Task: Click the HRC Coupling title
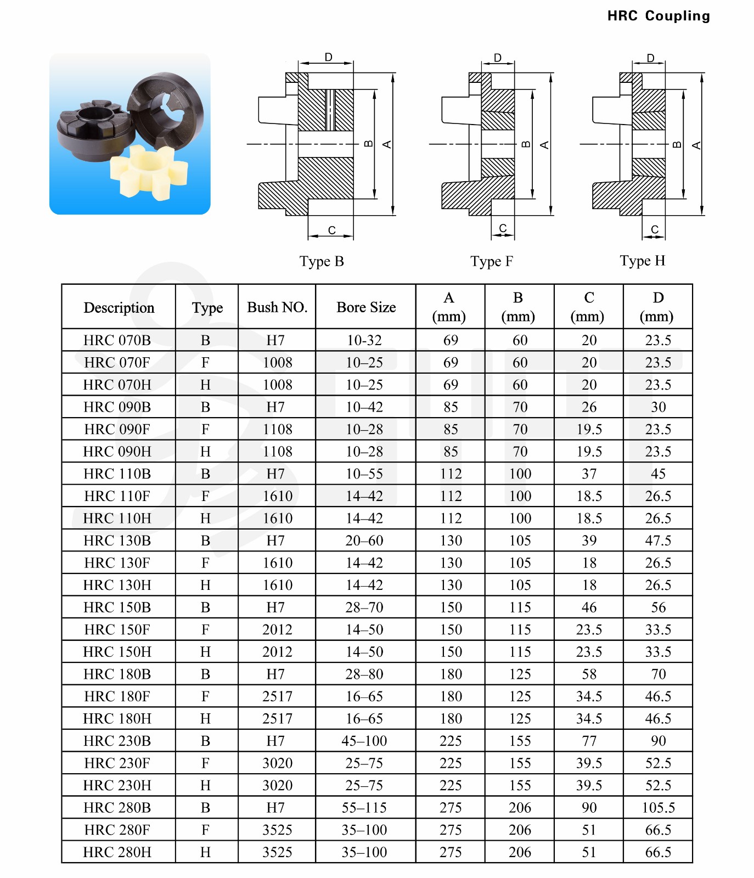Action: pos(658,16)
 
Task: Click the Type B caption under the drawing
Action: pos(322,261)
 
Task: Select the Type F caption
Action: pos(492,261)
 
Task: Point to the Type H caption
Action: pos(642,261)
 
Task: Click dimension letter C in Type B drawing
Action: pos(331,230)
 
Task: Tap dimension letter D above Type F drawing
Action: pos(498,58)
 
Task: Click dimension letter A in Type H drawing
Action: pos(696,145)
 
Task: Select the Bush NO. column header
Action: pos(277,307)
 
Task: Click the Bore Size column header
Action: pos(366,307)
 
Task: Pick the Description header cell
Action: pos(119,307)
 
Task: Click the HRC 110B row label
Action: pos(117,474)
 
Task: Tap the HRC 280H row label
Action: pos(117,852)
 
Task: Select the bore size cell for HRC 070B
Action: pos(364,340)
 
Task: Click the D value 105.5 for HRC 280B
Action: pos(658,808)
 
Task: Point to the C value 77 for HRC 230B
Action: pos(589,741)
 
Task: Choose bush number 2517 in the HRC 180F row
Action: pos(277,696)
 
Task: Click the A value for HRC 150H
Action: pos(451,652)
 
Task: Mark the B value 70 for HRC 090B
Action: pos(520,407)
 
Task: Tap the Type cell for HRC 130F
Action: pos(206,563)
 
